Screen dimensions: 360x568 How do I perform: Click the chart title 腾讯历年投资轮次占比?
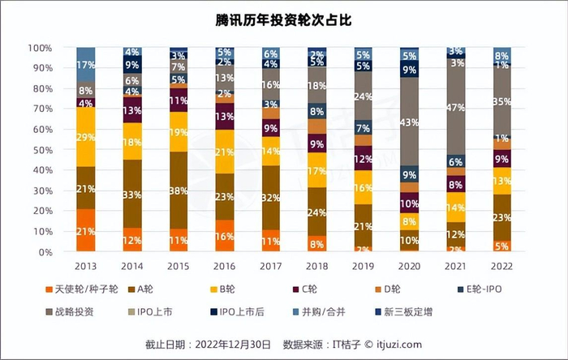pos(283,18)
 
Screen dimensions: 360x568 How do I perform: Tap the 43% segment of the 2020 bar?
pos(410,122)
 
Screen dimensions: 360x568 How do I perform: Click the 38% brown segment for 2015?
pos(179,190)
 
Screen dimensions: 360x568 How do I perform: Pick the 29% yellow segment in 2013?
pos(86,138)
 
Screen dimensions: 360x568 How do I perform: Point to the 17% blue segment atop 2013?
pos(86,65)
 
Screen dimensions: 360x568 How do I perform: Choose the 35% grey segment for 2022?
pos(502,102)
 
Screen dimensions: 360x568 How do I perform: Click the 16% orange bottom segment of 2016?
pos(225,235)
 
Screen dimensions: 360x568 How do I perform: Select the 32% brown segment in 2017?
pos(271,197)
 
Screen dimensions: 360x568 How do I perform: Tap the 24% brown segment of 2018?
pos(317,212)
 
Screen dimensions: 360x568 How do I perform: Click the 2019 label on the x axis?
pos(364,266)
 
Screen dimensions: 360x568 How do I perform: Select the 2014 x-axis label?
pos(132,266)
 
